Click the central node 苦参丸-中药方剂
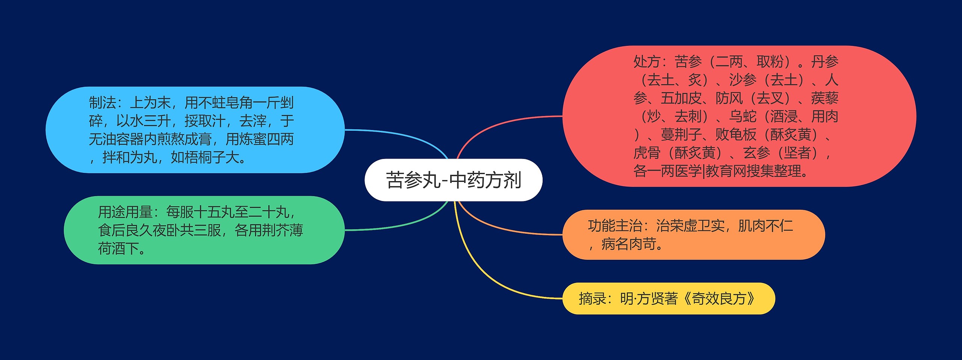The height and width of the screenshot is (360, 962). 454,180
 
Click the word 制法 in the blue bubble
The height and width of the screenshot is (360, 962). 102,103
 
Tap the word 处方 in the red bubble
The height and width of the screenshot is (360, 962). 647,62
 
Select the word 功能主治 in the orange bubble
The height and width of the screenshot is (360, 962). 615,226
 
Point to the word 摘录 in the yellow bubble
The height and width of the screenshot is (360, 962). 592,299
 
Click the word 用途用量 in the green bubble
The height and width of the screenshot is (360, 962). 125,212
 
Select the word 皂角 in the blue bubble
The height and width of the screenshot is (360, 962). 239,103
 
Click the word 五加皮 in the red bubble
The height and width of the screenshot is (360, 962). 681,98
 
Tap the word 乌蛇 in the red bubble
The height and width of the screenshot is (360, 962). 743,116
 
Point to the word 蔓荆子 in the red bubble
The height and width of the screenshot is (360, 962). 681,135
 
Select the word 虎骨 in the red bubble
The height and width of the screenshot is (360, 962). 647,153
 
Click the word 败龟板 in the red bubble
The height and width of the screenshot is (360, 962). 736,135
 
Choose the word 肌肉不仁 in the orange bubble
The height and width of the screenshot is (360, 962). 766,226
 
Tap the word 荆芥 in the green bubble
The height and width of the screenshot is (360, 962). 275,230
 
